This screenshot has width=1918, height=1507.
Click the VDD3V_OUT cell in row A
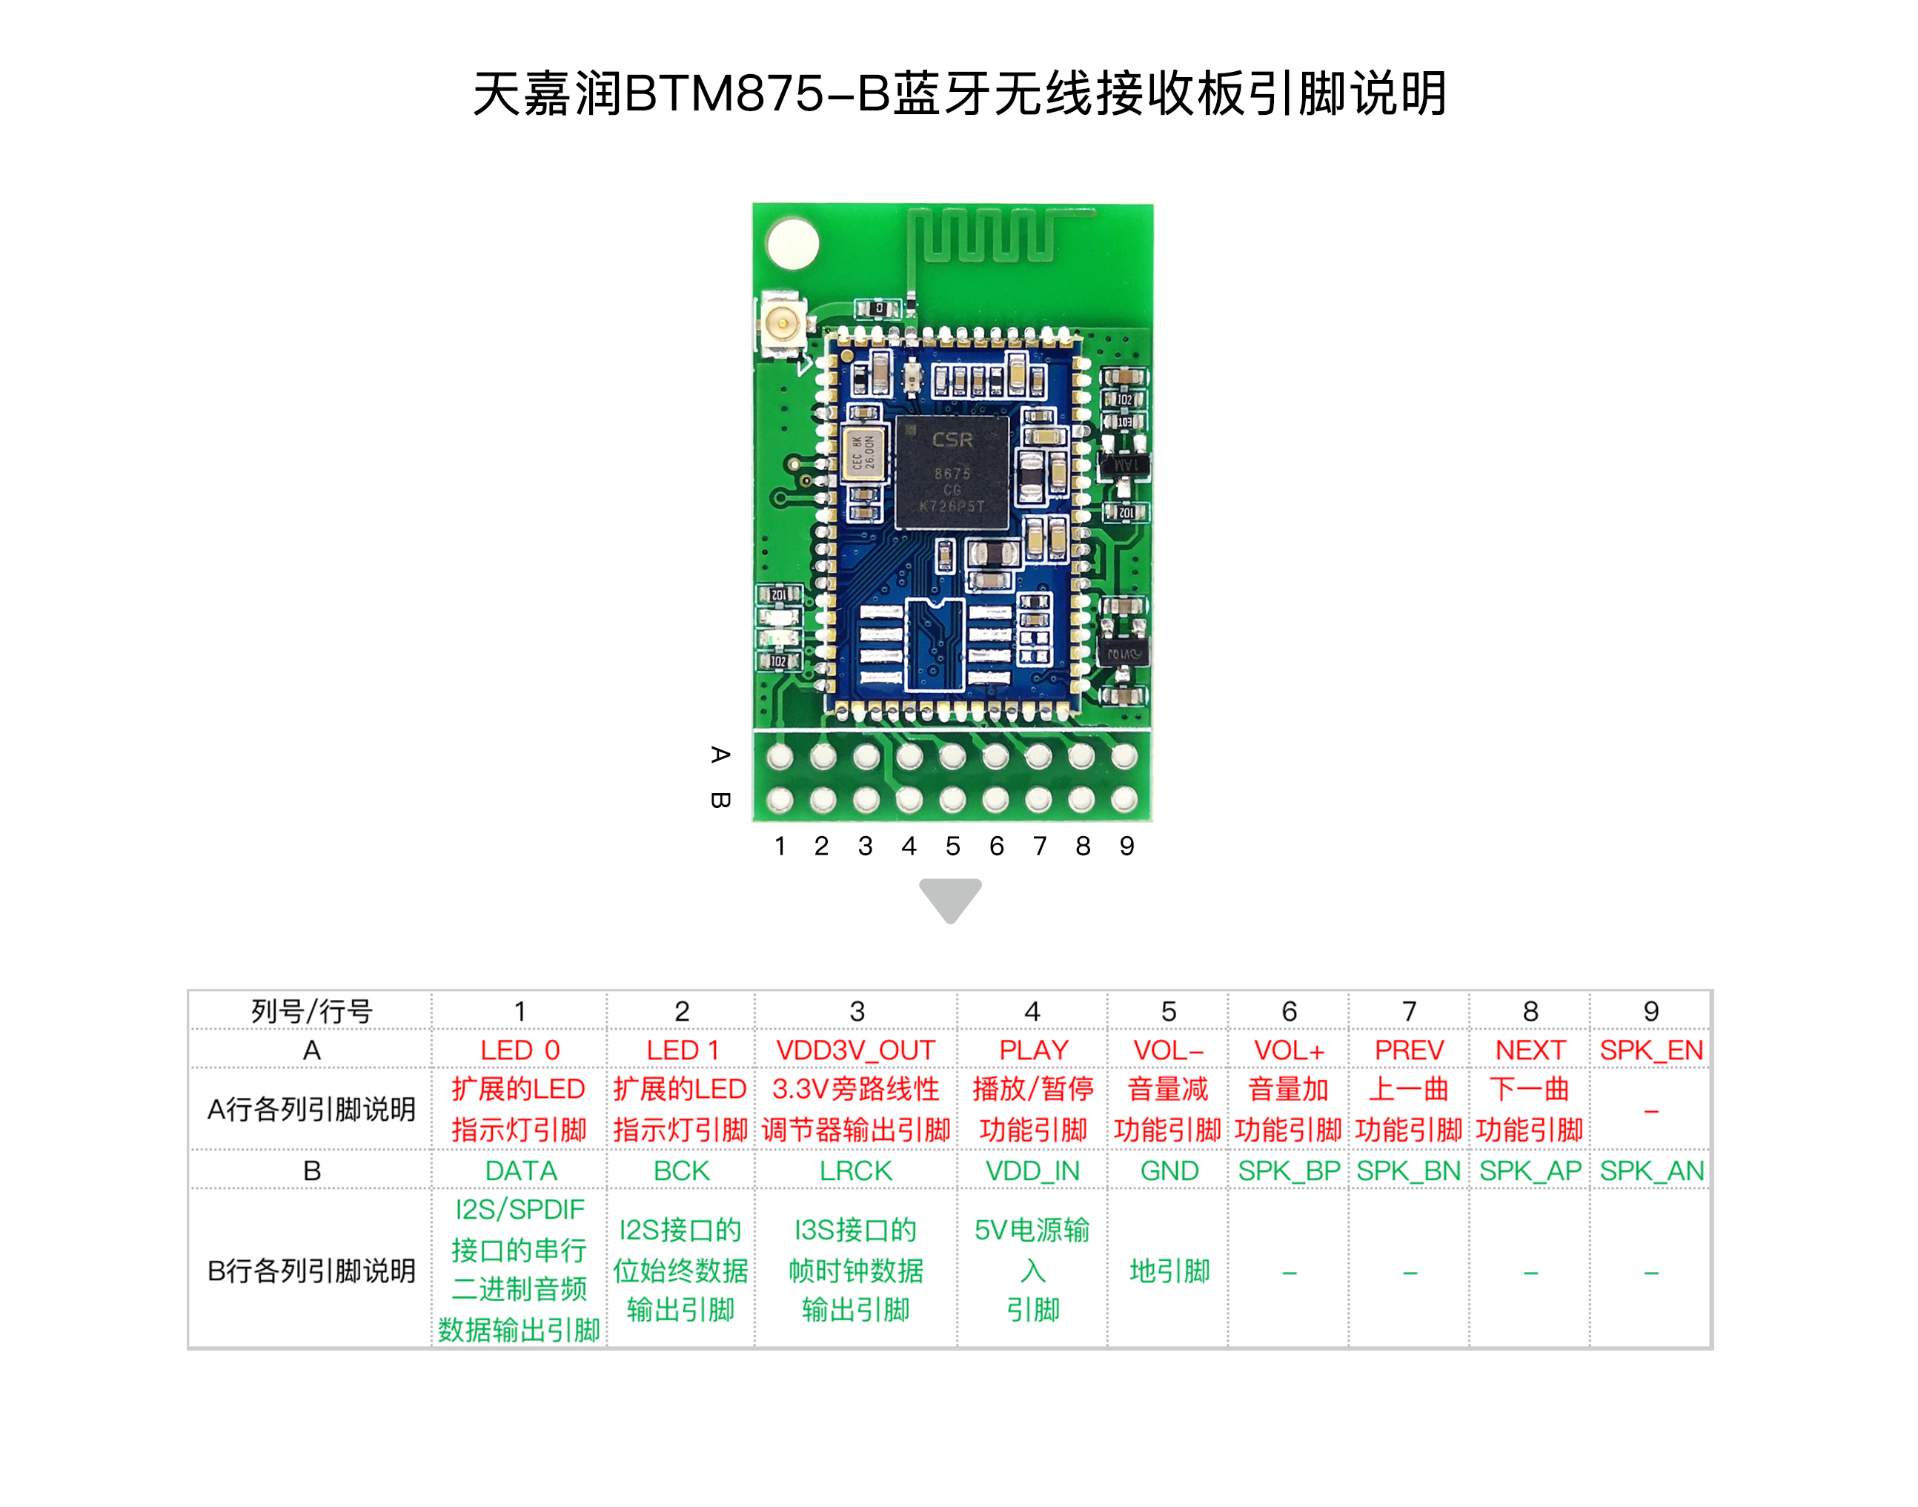tap(855, 1050)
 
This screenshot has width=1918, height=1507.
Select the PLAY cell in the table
tap(1032, 1050)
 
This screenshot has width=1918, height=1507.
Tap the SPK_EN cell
tap(1650, 1050)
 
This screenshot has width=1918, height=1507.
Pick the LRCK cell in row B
tap(855, 1171)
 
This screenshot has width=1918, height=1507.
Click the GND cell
tap(1168, 1171)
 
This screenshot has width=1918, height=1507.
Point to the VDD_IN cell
tap(1032, 1171)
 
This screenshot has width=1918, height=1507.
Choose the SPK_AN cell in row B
tap(1650, 1171)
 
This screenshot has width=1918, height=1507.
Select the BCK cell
tap(681, 1171)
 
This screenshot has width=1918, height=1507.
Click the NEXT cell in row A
tap(1530, 1050)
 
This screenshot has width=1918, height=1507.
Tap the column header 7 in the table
tap(1409, 1011)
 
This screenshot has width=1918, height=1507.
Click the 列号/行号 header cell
tap(311, 1011)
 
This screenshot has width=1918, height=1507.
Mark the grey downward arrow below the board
tap(950, 899)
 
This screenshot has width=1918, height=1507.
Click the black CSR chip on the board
tap(952, 473)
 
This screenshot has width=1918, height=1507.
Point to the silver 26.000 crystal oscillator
tap(863, 454)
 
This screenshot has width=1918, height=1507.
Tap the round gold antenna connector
tap(783, 324)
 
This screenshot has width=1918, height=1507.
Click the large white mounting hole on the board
tap(792, 244)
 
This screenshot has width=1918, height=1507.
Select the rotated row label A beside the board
tap(720, 755)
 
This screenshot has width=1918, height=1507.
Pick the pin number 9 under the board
tap(1126, 846)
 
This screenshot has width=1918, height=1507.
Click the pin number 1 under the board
tap(780, 846)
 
